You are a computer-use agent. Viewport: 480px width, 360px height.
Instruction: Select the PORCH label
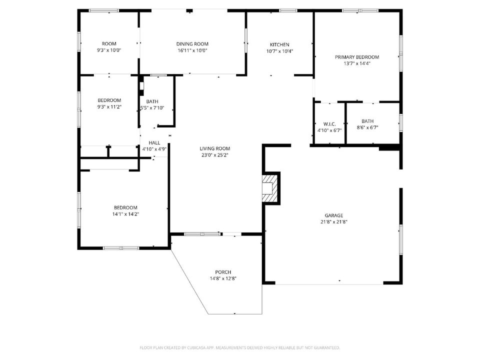coord(223,272)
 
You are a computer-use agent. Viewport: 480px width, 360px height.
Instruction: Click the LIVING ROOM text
coord(215,148)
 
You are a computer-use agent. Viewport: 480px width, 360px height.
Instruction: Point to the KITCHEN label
coord(279,44)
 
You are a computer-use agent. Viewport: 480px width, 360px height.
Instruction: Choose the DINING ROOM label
coord(192,44)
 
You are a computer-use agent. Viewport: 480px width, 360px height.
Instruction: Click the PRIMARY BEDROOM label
coord(357,57)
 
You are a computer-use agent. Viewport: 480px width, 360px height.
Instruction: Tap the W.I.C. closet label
coord(329,124)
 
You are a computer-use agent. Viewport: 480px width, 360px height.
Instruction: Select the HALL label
coord(154,143)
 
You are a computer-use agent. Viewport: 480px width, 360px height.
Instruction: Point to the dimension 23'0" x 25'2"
coord(215,155)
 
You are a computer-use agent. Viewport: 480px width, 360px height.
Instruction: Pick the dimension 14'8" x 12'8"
coord(223,278)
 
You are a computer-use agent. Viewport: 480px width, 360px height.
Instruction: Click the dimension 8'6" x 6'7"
coord(367,127)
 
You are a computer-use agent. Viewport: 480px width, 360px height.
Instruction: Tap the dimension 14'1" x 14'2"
coord(125,214)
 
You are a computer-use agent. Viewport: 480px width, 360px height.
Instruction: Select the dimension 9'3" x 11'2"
coord(109,106)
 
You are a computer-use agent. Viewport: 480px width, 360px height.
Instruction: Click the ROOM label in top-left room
coord(109,44)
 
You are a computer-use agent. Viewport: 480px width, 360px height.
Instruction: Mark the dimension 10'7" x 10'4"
coord(279,51)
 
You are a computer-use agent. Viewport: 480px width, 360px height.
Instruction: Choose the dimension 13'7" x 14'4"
coord(357,63)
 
